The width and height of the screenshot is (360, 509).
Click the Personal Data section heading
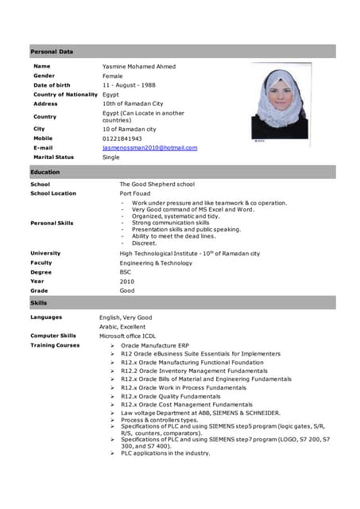click(x=52, y=52)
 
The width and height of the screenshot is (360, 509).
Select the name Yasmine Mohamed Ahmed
click(x=139, y=66)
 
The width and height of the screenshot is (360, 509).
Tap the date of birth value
click(x=130, y=85)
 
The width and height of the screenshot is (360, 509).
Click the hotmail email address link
click(x=149, y=148)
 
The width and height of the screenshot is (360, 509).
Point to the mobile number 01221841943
click(x=122, y=138)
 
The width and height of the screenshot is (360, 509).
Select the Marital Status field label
click(x=53, y=157)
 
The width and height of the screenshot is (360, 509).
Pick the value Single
click(x=111, y=157)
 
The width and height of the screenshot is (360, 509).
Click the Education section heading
click(x=45, y=172)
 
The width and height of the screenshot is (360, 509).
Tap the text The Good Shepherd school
click(x=157, y=185)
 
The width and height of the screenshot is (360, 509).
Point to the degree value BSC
click(x=126, y=272)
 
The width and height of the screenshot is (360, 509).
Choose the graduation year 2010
click(x=127, y=282)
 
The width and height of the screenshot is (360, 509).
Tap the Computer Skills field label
click(x=53, y=336)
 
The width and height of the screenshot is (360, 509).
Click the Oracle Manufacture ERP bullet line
click(x=154, y=346)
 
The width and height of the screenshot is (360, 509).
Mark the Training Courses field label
click(x=55, y=346)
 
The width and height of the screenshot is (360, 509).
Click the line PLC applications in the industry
click(x=165, y=453)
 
